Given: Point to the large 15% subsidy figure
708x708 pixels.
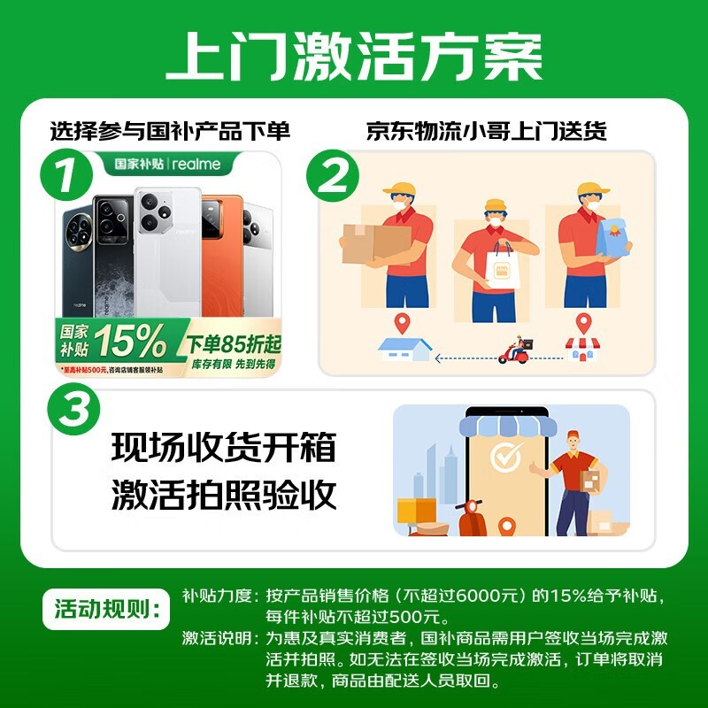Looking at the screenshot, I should coord(130,340).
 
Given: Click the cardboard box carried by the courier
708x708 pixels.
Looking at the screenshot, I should coord(376,241).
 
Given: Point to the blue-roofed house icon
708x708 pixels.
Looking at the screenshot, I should coord(404,348).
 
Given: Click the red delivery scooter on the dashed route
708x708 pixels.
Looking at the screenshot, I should coord(516,351).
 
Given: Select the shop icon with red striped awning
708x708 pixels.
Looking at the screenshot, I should coord(581,347).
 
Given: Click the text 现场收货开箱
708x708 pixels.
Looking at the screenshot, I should coord(224,448).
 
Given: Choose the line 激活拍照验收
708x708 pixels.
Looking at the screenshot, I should coord(224,495).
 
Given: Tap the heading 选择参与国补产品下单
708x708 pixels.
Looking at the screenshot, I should coord(170,132).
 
